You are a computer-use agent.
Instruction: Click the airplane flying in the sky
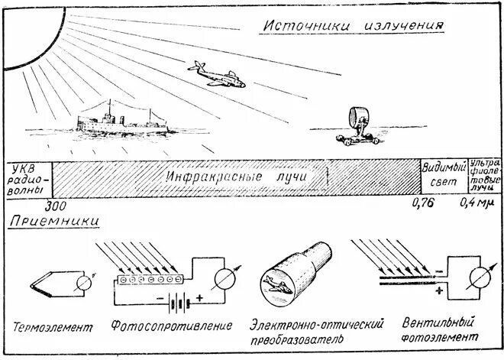215,75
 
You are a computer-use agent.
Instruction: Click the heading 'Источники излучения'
353,25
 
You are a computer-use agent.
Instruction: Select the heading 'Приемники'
54,222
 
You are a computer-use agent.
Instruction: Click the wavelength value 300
55,206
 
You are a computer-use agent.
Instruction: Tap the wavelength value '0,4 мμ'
478,203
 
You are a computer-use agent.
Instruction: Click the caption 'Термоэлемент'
53,327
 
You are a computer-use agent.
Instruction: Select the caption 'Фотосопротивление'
171,326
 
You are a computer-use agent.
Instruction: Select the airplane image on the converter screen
276,284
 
